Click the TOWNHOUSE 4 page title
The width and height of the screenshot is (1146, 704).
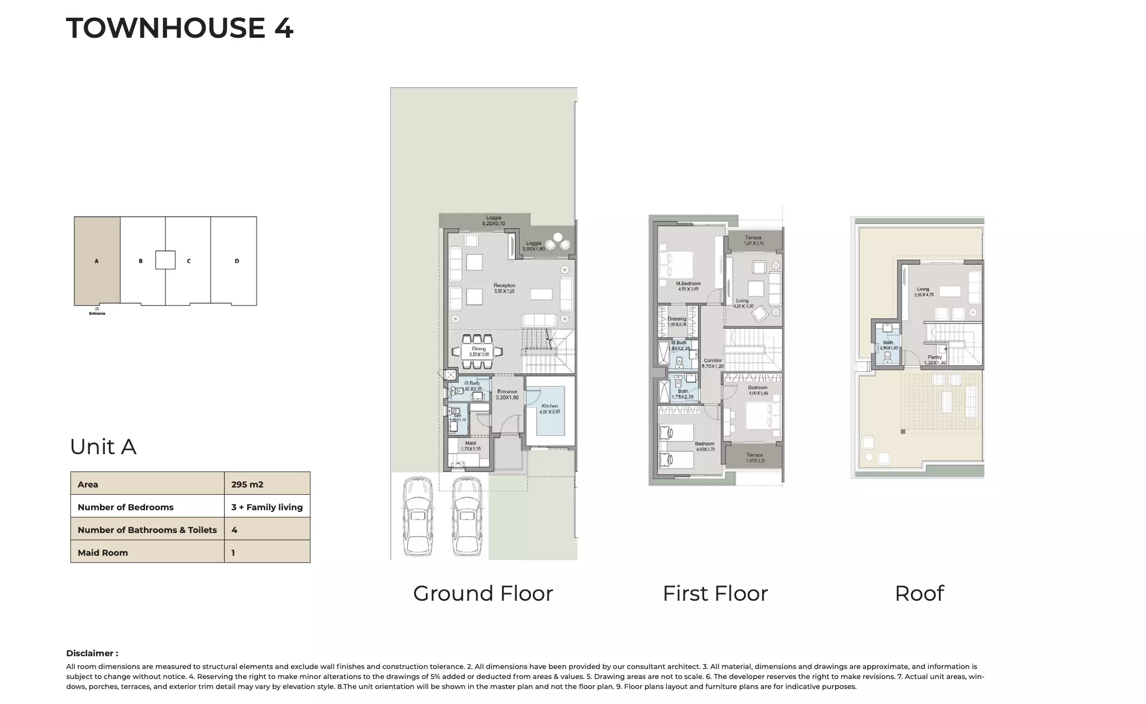point(179,28)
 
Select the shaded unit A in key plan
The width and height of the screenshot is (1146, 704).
point(97,260)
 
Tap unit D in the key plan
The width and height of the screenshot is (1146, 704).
point(236,260)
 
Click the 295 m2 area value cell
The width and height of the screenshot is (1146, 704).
point(267,484)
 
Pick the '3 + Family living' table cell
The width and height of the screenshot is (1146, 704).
point(267,507)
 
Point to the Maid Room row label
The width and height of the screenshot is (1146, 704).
point(103,552)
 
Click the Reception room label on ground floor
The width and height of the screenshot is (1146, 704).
point(504,285)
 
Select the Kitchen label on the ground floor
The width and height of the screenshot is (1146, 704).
point(550,406)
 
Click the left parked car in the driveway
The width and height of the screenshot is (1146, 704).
point(419,516)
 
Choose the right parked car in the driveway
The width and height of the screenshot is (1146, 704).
point(467,516)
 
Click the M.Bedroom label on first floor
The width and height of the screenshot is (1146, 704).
point(688,284)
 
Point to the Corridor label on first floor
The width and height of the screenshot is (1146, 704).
point(712,360)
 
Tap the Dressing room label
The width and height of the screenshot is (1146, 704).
point(677,319)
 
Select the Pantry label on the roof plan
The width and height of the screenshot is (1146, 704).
point(934,358)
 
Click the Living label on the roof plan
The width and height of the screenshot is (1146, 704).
point(923,289)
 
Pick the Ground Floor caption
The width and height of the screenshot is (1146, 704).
point(482,594)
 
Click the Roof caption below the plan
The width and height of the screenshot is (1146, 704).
point(919,594)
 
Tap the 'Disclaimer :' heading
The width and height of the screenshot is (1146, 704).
point(92,653)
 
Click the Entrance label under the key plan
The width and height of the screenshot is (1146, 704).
point(97,313)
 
